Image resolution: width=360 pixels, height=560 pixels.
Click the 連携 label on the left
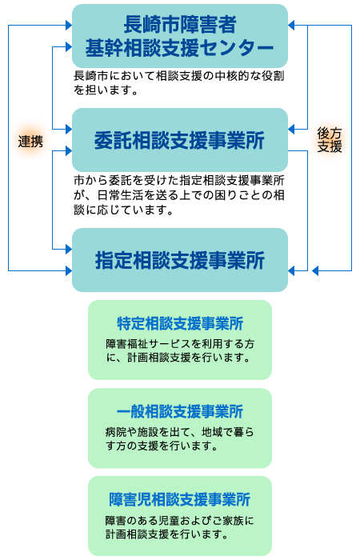click(30, 142)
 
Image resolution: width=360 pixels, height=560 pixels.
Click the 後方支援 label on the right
click(330, 140)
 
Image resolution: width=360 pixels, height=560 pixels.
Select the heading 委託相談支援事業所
click(180, 140)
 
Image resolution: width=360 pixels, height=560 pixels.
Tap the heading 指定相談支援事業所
click(180, 260)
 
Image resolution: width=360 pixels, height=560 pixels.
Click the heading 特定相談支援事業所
click(180, 323)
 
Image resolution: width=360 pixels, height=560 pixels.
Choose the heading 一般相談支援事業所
click(180, 411)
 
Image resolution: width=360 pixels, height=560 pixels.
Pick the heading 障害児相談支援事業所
click(180, 499)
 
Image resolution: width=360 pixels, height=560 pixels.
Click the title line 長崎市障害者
click(180, 24)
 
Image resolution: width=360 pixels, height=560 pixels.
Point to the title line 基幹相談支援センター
click(180, 48)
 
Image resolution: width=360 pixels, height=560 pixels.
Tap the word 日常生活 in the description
click(121, 195)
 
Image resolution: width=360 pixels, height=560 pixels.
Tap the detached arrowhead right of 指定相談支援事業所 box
click(315, 270)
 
